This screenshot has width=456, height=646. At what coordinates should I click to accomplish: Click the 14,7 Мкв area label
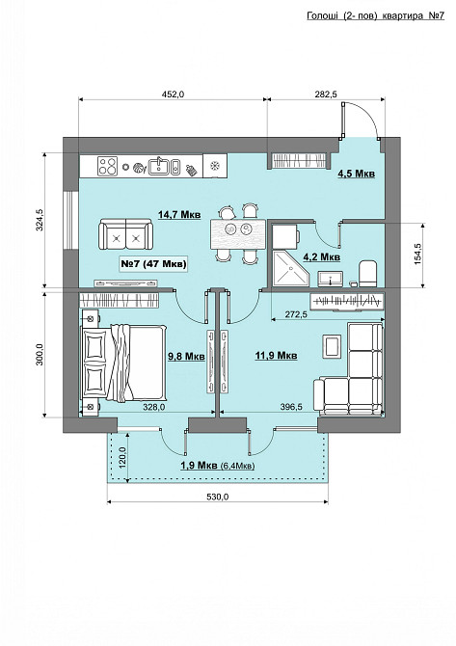[x=179, y=215]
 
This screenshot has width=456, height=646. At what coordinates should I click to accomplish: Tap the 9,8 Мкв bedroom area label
[x=186, y=356]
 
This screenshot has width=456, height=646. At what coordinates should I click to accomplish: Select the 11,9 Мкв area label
[x=276, y=355]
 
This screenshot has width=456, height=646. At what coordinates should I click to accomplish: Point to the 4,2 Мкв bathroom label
[x=322, y=257]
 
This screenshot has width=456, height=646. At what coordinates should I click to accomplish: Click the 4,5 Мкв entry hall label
[x=357, y=174]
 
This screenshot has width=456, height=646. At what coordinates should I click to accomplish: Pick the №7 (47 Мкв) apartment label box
[x=153, y=263]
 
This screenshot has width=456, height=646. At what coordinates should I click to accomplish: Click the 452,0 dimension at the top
[x=173, y=94]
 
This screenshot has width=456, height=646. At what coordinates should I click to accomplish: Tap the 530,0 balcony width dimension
[x=218, y=497]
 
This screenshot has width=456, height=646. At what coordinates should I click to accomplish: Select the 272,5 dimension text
[x=296, y=314]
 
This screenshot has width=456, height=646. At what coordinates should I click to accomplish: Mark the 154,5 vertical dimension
[x=418, y=254]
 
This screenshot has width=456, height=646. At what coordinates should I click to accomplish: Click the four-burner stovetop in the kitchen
[x=108, y=166]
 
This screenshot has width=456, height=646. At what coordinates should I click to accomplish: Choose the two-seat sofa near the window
[x=125, y=235]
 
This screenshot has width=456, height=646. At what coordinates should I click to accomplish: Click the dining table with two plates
[x=238, y=234]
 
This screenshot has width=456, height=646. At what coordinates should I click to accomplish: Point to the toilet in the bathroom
[x=368, y=274]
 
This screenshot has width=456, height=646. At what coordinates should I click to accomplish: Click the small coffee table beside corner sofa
[x=332, y=346]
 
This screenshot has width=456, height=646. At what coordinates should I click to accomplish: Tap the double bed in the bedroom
[x=124, y=363]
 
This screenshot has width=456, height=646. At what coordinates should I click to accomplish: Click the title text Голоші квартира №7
[x=375, y=15]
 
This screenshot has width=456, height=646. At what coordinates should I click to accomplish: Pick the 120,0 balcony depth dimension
[x=121, y=457]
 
